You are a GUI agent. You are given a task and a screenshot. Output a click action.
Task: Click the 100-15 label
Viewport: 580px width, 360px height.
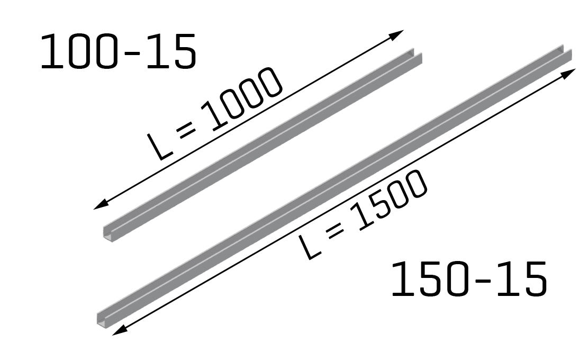pos(118,51)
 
